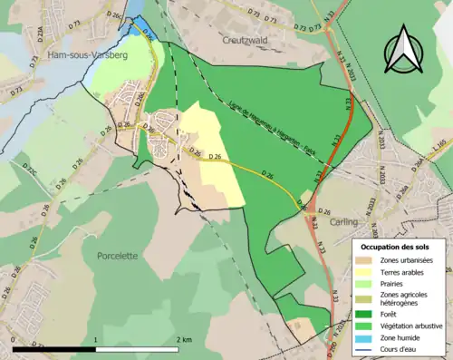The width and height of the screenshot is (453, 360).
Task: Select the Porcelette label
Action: click(x=118, y=256)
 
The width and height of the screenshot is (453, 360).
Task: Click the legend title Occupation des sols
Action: click(x=400, y=247)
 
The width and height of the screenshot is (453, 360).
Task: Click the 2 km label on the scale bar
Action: click(x=184, y=340)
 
